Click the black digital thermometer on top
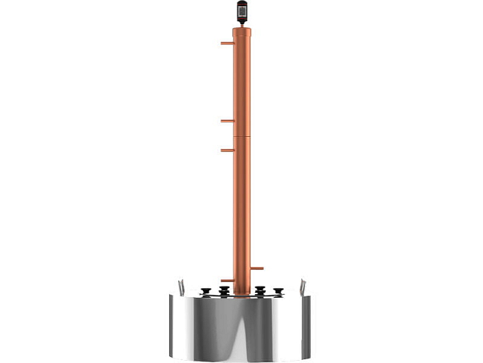pos(242,11)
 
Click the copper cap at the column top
pos(242,32)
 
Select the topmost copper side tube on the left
pos(226,43)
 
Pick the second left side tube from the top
pos(226,120)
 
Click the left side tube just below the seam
pos(226,150)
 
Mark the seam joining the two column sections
pos(242,136)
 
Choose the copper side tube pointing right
pos(257,268)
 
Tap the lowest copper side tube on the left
pos(226,281)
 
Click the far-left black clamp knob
pos(206,290)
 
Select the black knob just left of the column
pos(224,290)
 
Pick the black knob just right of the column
pos(260,290)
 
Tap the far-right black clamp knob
pos(278,290)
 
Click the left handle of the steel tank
pos(180,287)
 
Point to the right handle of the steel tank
pos(303,287)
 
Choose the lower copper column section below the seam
pos(242,212)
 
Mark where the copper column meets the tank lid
pos(242,294)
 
